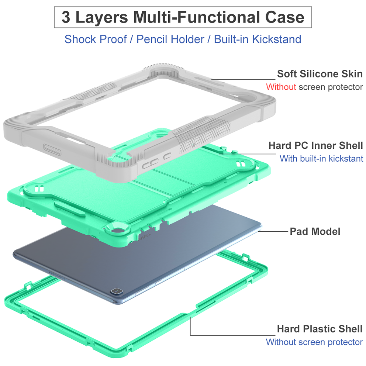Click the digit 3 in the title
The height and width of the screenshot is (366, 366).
click(x=66, y=17)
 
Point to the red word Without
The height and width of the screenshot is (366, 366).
click(x=281, y=87)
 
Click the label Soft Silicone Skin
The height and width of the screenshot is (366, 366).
click(x=320, y=74)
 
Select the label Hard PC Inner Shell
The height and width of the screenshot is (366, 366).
click(x=315, y=145)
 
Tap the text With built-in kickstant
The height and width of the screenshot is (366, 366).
click(x=321, y=159)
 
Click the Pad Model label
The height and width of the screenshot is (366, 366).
click(x=315, y=232)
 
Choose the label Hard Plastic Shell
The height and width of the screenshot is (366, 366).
click(x=320, y=329)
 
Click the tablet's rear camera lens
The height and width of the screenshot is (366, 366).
click(x=117, y=291)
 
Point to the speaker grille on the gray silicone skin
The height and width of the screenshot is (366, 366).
click(x=52, y=149)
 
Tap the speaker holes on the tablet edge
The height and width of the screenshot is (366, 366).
click(x=57, y=276)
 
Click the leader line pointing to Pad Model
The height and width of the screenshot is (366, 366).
click(x=273, y=231)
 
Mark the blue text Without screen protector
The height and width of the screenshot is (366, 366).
click(x=314, y=342)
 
